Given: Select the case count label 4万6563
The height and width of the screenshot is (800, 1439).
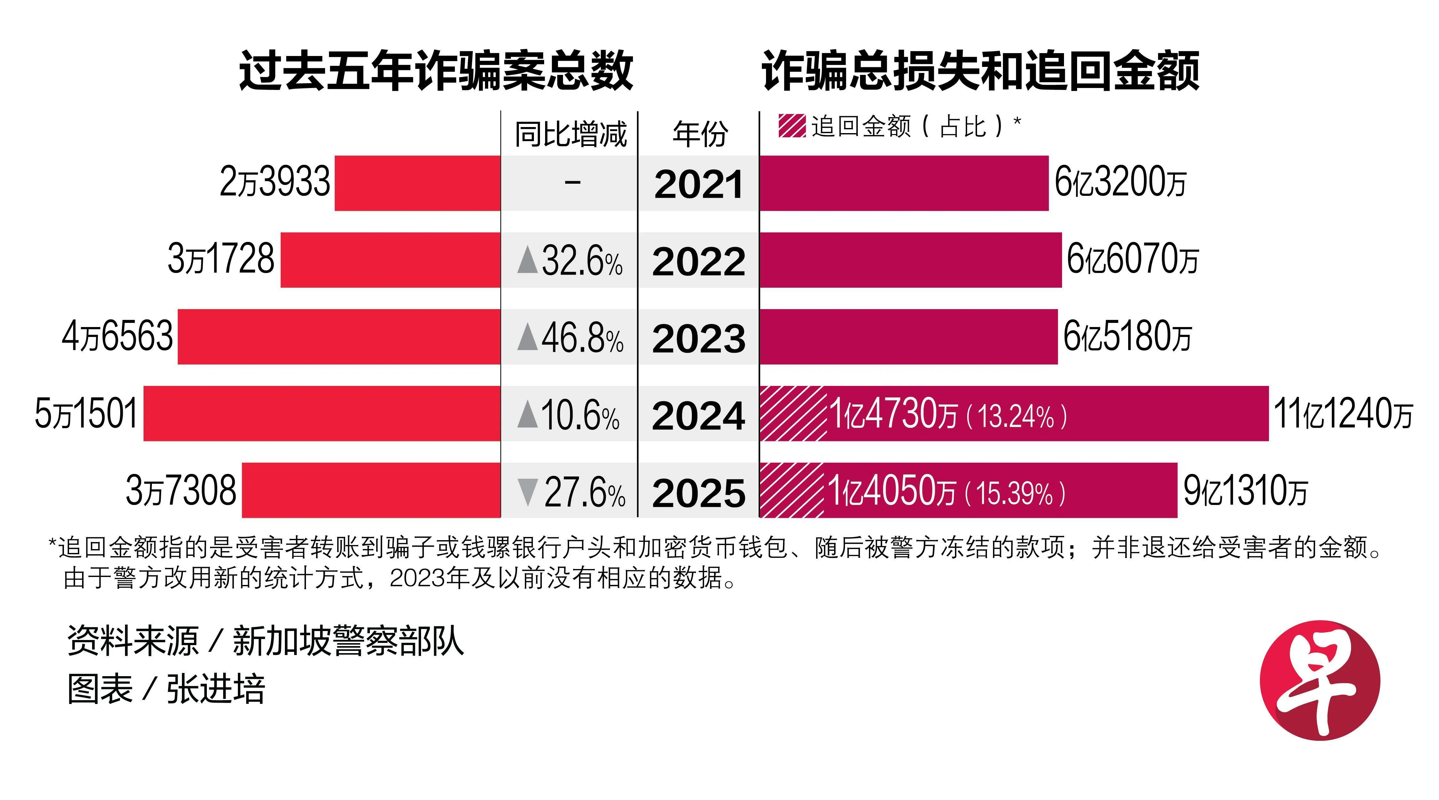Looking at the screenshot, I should (117, 337).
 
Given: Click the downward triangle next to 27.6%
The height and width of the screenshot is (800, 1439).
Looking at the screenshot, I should (527, 492).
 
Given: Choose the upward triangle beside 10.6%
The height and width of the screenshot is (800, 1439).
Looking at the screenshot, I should (527, 415).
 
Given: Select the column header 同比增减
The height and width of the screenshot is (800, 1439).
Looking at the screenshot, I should (570, 134).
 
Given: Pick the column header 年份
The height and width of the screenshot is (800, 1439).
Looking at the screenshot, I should (700, 134).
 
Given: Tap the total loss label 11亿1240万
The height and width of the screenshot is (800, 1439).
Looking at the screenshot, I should (1342, 414).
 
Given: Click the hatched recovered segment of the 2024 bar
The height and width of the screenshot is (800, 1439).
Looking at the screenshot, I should (792, 414).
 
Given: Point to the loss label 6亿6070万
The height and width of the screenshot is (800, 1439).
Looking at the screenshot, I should (1132, 260).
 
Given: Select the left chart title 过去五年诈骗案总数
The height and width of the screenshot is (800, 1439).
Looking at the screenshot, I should (436, 71).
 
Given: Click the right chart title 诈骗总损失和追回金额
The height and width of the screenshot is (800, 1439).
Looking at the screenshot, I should (980, 71).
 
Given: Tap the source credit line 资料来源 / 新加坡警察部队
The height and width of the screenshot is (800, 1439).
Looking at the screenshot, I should (265, 641).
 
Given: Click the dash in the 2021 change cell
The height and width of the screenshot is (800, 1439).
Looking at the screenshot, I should (573, 182).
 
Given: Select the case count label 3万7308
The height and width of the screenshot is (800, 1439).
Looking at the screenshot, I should (181, 491).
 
